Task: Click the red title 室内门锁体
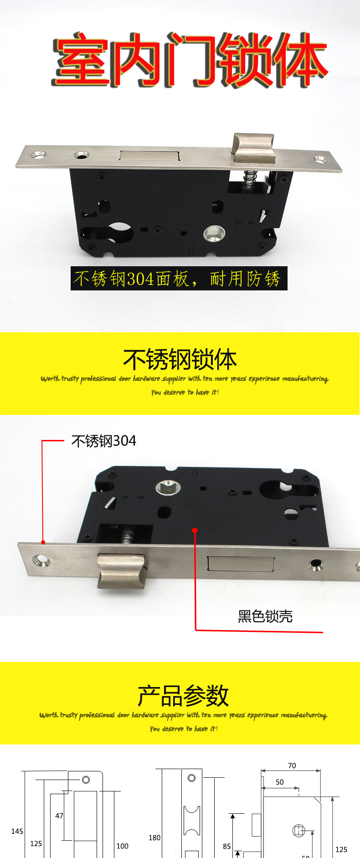[189, 59]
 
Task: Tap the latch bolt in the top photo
[254, 147]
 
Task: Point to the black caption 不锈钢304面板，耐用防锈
[179, 279]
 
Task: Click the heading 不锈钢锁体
[180, 360]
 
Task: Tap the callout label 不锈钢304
[104, 441]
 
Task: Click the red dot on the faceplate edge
[43, 542]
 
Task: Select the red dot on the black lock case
[195, 530]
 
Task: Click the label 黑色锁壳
[265, 616]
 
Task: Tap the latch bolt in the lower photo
[122, 570]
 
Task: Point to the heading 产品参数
[183, 696]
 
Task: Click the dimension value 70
[292, 766]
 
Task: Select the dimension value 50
[279, 782]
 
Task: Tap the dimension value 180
[154, 838]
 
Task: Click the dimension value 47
[59, 816]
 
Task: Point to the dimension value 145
[17, 832]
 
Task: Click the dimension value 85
[227, 847]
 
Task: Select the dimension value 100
[123, 846]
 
